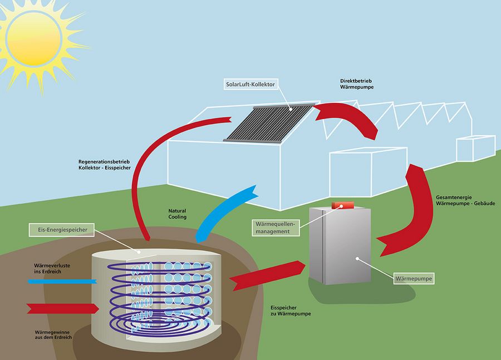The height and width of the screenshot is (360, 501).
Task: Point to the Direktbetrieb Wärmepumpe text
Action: tap(357, 85)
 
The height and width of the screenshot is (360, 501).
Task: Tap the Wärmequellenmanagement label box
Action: tap(276, 227)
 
